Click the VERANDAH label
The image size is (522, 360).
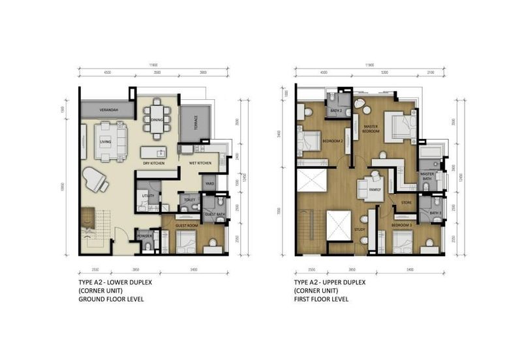point(108,109)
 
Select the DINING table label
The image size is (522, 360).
point(157,120)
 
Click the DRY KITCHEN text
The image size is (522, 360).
point(153,162)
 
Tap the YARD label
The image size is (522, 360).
point(209,184)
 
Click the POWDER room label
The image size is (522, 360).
point(144,236)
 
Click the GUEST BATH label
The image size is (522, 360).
point(214,215)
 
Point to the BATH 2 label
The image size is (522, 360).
point(336,111)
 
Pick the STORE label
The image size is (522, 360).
point(405,203)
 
